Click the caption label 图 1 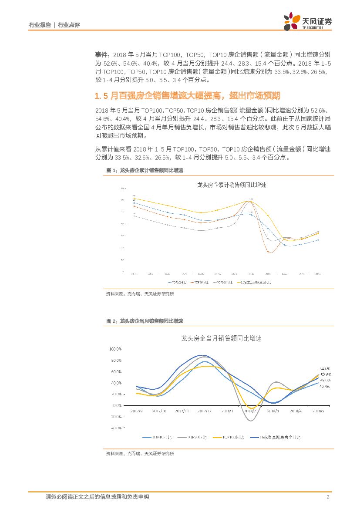click(x=111, y=171)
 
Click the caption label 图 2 click(x=111, y=321)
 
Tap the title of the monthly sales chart click(x=221, y=338)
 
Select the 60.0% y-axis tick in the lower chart click(x=116, y=372)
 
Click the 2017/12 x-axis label click(x=204, y=411)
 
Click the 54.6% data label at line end click(x=325, y=368)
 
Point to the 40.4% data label click(x=325, y=386)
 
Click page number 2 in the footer click(x=328, y=497)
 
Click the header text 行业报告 click(x=40, y=25)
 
